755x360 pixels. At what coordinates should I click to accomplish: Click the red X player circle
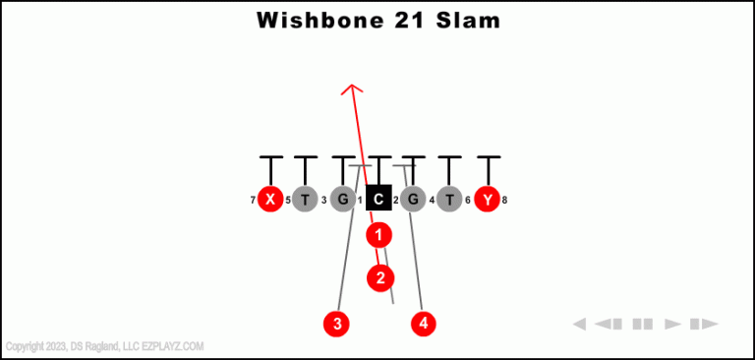[x=270, y=200]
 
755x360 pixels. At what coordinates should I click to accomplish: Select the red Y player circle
[x=487, y=200]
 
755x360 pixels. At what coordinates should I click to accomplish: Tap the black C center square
[x=378, y=199]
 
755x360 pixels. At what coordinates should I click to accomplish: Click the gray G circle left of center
[x=342, y=200]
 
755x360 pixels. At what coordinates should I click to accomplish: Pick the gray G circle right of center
[x=413, y=200]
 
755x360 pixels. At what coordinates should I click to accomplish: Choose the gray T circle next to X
[x=306, y=200]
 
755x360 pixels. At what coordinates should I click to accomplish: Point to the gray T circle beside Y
[x=449, y=200]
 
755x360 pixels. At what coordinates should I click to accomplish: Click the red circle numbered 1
[x=378, y=235]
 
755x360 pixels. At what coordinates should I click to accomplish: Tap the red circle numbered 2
[x=380, y=278]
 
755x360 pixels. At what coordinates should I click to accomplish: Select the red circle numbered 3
[x=336, y=323]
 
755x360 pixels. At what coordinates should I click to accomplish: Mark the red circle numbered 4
[x=424, y=323]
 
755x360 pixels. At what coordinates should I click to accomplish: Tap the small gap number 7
[x=253, y=201]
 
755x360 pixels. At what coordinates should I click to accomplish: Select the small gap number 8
[x=504, y=201]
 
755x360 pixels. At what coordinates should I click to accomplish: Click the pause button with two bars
[x=643, y=324]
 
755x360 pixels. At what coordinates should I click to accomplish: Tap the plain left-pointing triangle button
[x=580, y=324]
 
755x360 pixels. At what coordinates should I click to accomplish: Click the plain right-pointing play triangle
[x=673, y=324]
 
